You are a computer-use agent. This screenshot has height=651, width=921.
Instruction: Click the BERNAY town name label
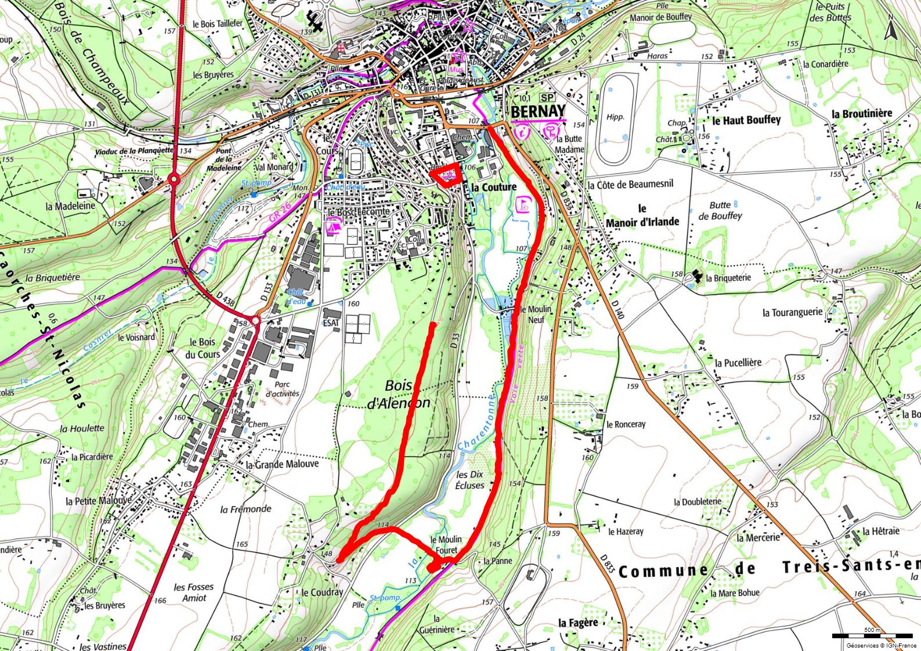[538, 111]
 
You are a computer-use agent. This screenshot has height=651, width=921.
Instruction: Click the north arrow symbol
[890, 30]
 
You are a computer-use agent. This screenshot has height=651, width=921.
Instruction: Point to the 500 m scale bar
[872, 636]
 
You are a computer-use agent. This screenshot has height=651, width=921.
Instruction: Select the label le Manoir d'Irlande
[642, 215]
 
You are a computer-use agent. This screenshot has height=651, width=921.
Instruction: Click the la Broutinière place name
[861, 114]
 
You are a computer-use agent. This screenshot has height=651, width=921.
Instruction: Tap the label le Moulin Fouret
[446, 544]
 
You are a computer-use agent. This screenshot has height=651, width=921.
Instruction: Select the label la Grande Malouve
[282, 464]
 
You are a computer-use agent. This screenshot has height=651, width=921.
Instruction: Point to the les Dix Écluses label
[469, 479]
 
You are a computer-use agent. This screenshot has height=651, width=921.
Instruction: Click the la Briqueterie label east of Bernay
[728, 278]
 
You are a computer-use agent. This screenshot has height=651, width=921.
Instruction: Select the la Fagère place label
[578, 623]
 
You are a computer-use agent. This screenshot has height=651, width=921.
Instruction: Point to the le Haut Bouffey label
[746, 121]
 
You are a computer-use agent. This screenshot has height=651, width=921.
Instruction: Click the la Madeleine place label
[70, 206]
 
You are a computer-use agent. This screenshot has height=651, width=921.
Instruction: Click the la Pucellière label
[738, 363]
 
